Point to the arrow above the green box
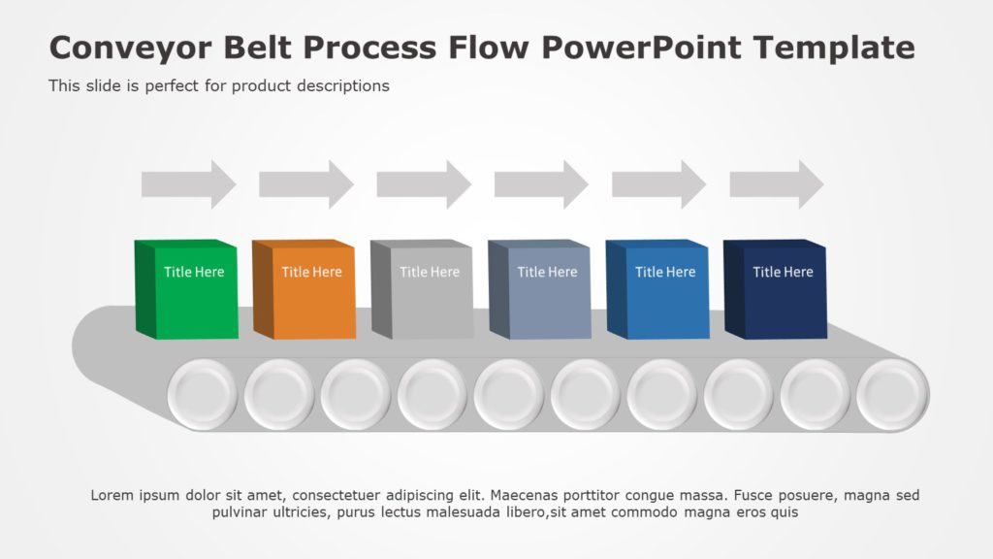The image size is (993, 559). [x=188, y=183]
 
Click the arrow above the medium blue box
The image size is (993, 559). [x=658, y=183]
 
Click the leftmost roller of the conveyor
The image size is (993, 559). [x=203, y=395]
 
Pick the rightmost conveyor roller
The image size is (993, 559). [x=892, y=395]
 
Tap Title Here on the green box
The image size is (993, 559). [x=194, y=272]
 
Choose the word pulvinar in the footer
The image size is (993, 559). [x=240, y=512]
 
